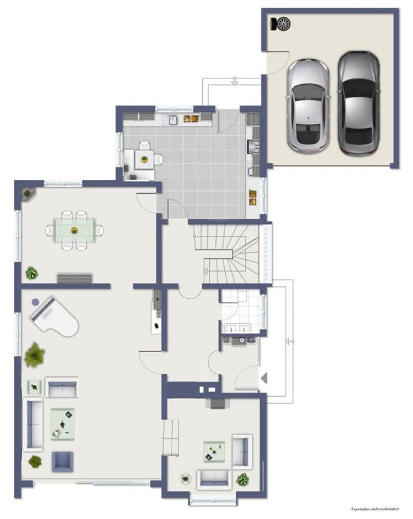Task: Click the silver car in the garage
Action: click(308, 106)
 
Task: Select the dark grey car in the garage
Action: click(358, 103)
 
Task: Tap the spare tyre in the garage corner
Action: click(282, 24)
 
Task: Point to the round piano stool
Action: click(35, 302)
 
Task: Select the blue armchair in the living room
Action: click(62, 461)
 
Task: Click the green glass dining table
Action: click(74, 231)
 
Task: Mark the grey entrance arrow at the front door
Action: click(264, 378)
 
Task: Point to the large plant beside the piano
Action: click(35, 355)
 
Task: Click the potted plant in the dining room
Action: click(32, 273)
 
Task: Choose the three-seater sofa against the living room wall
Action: click(33, 426)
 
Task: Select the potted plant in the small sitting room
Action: click(243, 479)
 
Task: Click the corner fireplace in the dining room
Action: click(28, 193)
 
